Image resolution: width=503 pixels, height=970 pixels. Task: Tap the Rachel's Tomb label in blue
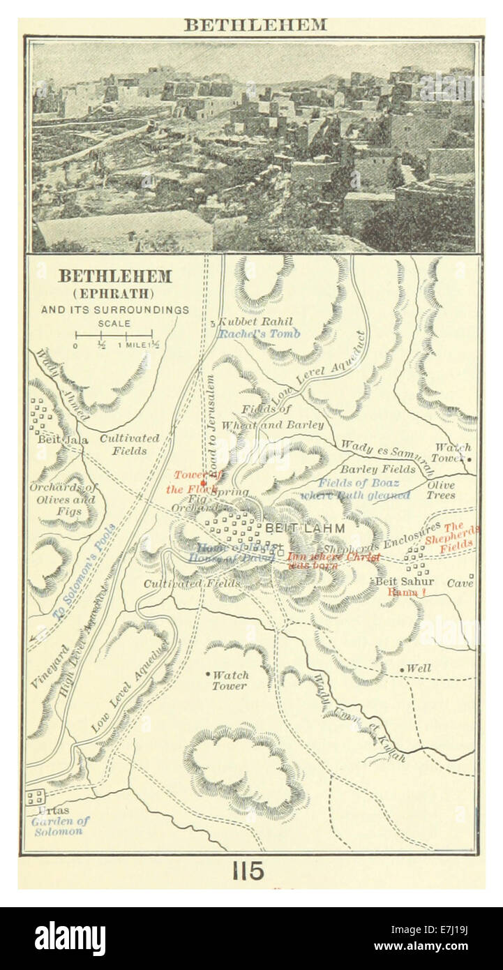pos(259,334)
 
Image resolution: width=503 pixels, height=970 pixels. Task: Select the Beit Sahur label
pos(405,581)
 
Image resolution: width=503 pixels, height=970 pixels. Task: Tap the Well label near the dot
pos(419,669)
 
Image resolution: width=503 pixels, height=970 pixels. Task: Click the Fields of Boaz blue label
pos(359,483)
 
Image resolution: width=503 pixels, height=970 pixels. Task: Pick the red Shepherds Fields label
pos(460,537)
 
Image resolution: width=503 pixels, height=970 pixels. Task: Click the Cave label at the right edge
pos(460,583)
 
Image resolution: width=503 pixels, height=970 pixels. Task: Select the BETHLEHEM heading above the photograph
pos(255,25)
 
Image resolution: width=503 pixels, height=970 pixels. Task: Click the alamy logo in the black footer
pos(70,939)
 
